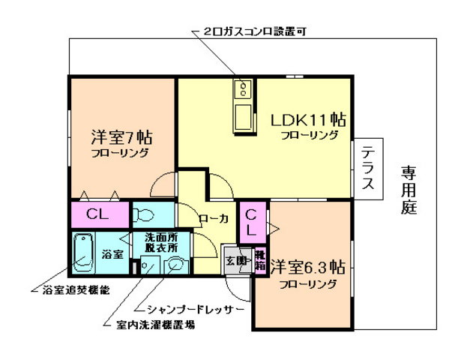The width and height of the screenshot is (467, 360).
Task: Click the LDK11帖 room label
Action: coord(308,119)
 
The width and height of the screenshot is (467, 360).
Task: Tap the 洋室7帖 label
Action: coord(122,138)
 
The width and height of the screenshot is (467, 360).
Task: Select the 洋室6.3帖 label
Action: coord(307,268)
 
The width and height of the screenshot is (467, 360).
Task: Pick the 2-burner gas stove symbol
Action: coord(244,91)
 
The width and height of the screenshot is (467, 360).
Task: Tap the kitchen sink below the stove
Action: coord(244,118)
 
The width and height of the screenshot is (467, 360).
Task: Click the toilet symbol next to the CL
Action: coord(144,215)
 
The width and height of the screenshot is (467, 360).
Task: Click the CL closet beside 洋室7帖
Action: coord(97,214)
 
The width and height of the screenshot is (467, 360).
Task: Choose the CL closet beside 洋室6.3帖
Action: coord(252,221)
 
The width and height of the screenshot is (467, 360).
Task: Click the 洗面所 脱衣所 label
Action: coord(160,242)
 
